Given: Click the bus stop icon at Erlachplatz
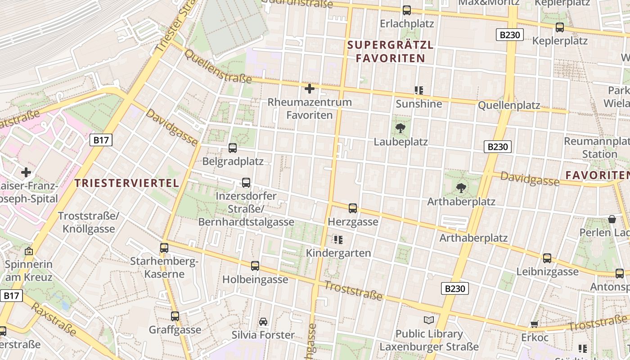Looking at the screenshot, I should pos(407,10).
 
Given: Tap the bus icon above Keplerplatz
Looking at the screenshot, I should pos(560,27).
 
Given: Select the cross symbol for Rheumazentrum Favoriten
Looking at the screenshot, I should pos(310,88).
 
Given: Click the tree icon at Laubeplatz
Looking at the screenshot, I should pos(400,128).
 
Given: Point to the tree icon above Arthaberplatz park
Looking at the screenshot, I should pos(461,188).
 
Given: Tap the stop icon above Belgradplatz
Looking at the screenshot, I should pos(233,148).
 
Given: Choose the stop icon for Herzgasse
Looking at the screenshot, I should pos(353,208).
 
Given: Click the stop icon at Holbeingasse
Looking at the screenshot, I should pos(255,266).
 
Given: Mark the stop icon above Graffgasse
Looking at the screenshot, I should pos(175,316).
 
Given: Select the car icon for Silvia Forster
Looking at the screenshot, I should pos(263,321).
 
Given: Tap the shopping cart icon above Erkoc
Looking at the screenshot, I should pos(535,324).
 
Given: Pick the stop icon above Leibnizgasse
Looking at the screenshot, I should pos(547,258).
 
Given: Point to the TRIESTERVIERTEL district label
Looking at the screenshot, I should pos(127,183).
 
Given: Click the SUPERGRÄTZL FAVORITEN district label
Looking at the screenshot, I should pos(390,51).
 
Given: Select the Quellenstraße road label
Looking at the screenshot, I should pos(218,67).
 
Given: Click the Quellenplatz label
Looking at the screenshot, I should pos(509,106).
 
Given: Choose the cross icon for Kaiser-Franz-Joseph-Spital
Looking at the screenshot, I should pos(26,172).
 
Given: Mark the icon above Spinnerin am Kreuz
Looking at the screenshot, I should pos(29,251).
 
